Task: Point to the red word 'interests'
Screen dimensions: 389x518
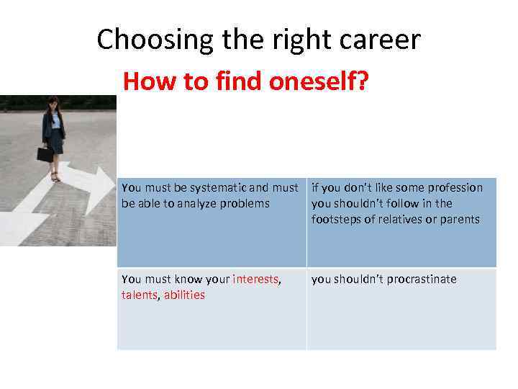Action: coord(256,280)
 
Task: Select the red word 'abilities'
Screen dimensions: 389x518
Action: coord(184,295)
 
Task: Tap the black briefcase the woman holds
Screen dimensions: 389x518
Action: coord(45,153)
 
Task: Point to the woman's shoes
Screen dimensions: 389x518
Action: coord(55,176)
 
